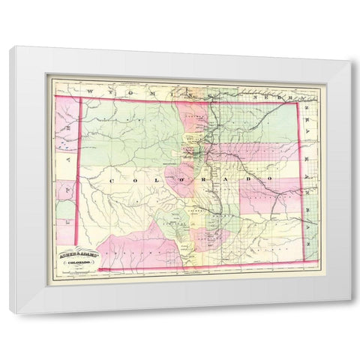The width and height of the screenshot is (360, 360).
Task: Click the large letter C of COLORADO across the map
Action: tap(113, 181)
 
